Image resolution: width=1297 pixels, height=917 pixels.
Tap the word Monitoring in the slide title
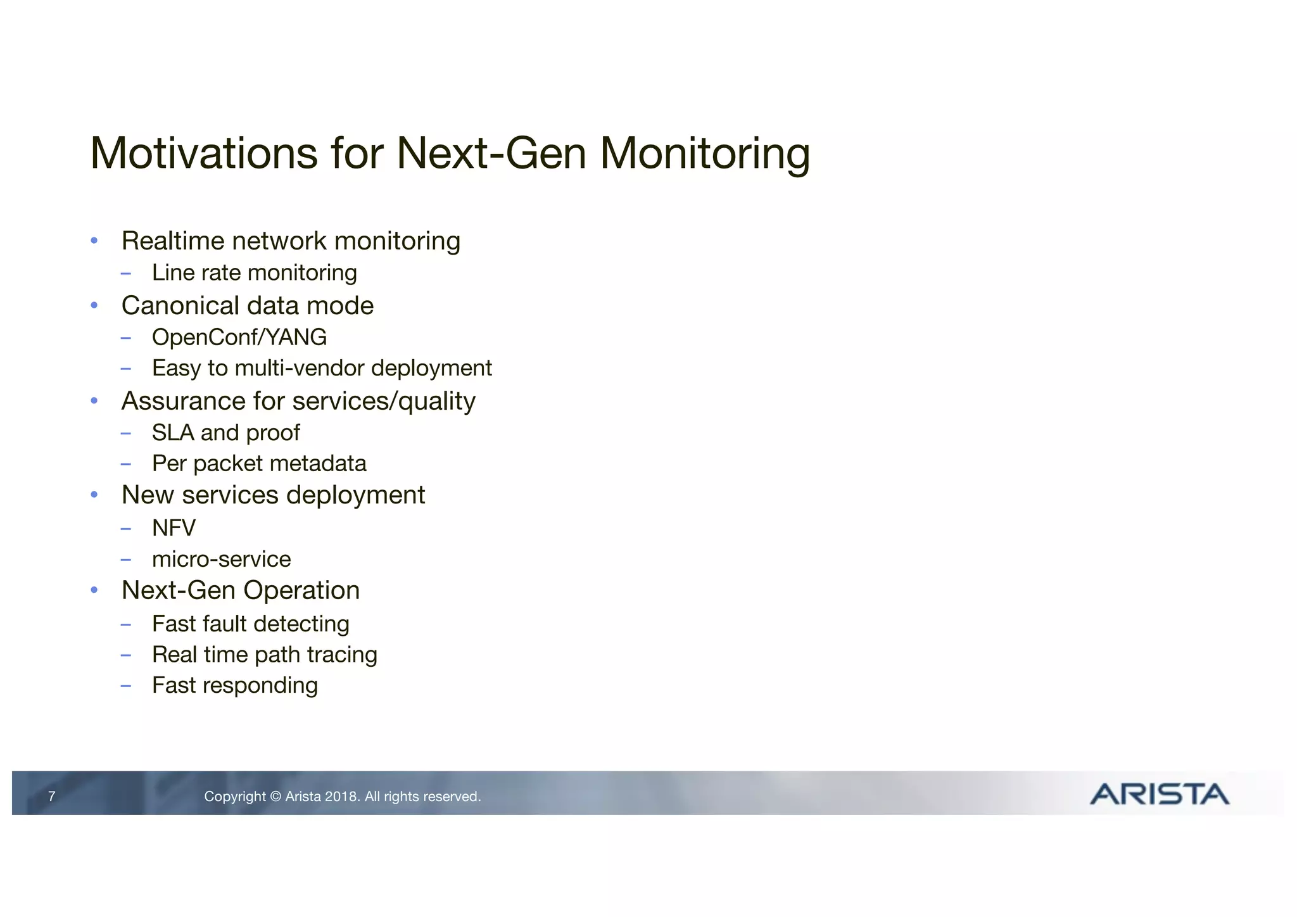tap(704, 155)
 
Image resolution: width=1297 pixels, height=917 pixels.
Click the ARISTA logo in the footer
tap(1159, 794)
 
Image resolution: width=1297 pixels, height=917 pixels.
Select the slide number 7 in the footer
tap(52, 797)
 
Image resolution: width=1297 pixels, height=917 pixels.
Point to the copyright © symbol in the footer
tap(275, 797)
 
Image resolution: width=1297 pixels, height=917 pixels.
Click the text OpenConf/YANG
tap(239, 338)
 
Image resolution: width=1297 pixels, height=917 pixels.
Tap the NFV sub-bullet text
tap(174, 528)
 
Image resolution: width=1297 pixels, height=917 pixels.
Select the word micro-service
tap(222, 559)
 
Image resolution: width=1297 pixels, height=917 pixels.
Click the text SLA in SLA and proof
tap(173, 433)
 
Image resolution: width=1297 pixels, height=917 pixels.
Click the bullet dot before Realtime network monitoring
tap(94, 241)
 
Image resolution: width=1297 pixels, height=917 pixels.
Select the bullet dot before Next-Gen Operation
tap(94, 590)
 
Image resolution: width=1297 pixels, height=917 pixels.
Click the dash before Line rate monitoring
tap(126, 274)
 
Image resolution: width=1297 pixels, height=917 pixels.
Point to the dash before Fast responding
tap(126, 686)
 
